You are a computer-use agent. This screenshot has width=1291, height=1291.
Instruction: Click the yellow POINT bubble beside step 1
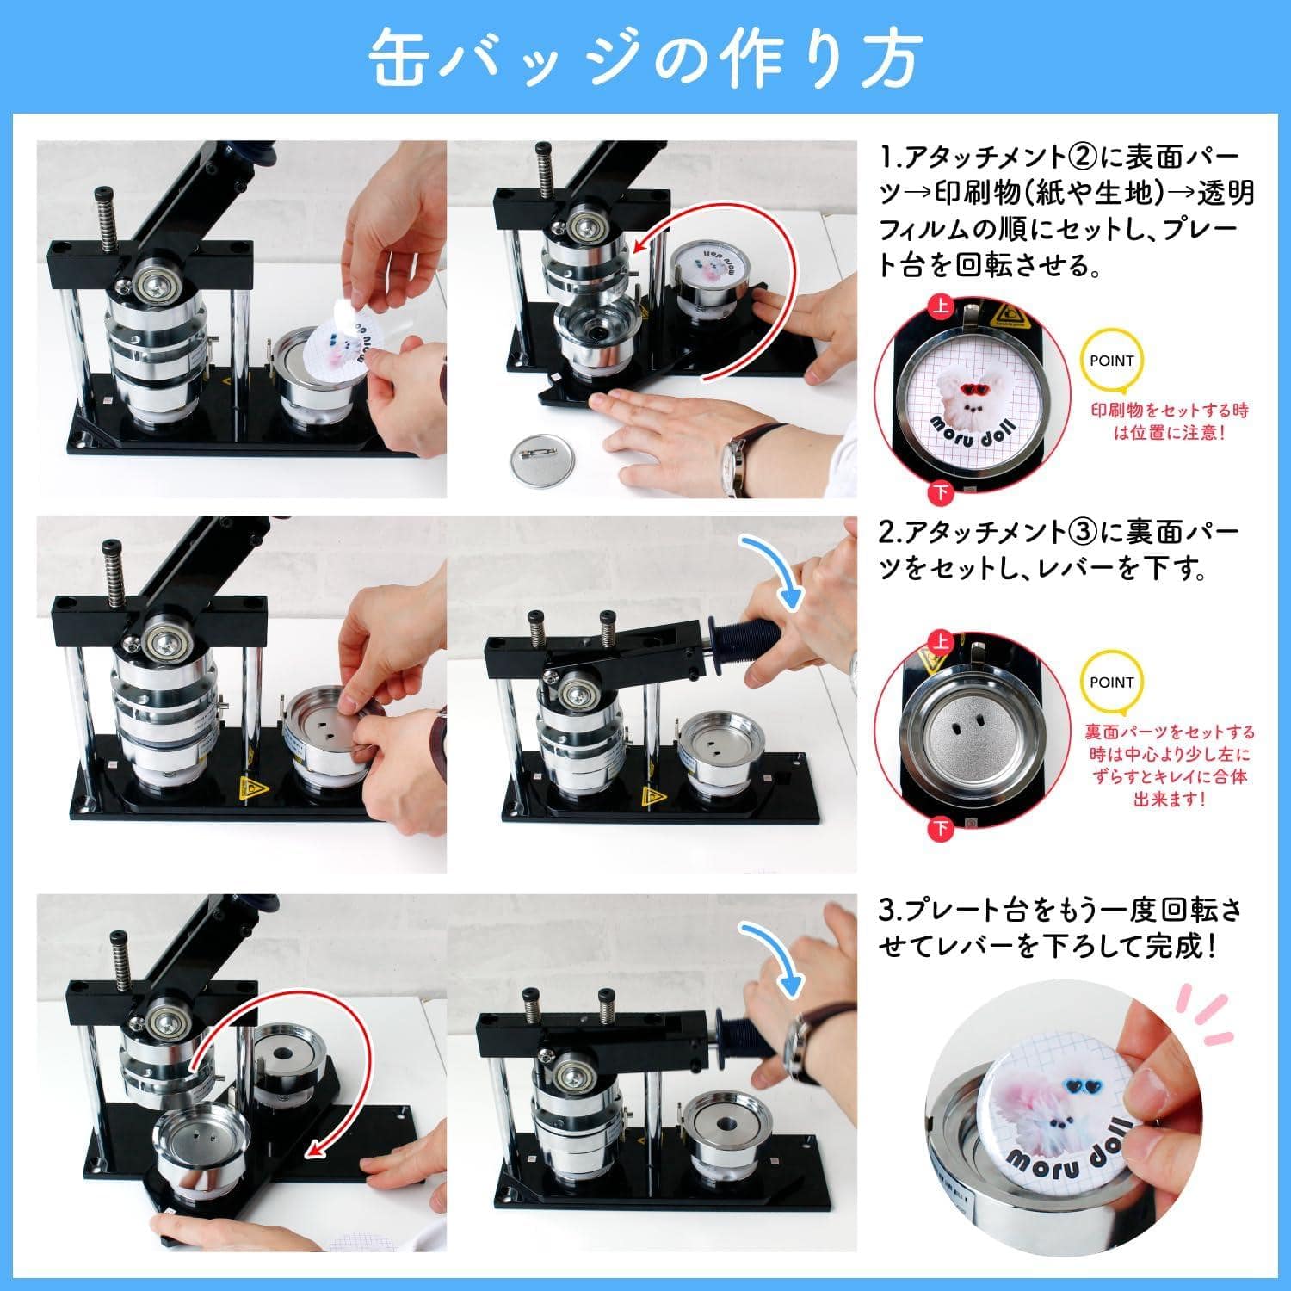point(1111,361)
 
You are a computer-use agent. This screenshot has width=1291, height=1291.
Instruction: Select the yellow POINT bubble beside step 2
point(1111,683)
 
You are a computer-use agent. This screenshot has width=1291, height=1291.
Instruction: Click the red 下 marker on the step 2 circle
point(942,828)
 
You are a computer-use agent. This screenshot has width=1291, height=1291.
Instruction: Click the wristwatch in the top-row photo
point(735,465)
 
